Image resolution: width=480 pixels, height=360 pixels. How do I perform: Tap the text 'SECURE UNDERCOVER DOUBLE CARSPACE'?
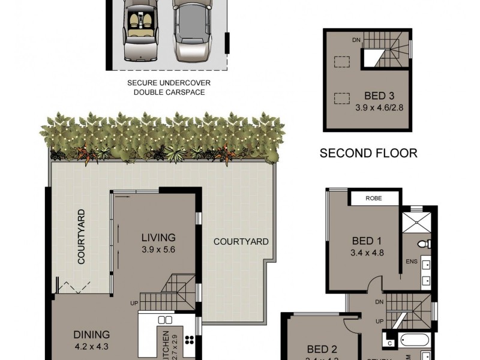[x=169, y=87]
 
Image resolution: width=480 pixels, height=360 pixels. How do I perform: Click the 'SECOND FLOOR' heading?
[x=368, y=153]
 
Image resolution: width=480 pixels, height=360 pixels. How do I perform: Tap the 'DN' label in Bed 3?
[x=356, y=40]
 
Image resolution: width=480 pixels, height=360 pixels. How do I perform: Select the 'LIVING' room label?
[x=158, y=237]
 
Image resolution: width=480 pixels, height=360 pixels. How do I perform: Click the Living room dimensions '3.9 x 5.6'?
[x=158, y=249]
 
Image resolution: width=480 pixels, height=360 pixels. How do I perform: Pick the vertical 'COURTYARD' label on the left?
[x=80, y=236]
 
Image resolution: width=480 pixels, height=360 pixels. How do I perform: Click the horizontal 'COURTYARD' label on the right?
[x=241, y=242]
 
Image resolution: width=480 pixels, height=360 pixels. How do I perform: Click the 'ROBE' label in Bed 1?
[x=374, y=199]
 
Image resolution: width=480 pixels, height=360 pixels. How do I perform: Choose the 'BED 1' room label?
[x=367, y=241]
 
